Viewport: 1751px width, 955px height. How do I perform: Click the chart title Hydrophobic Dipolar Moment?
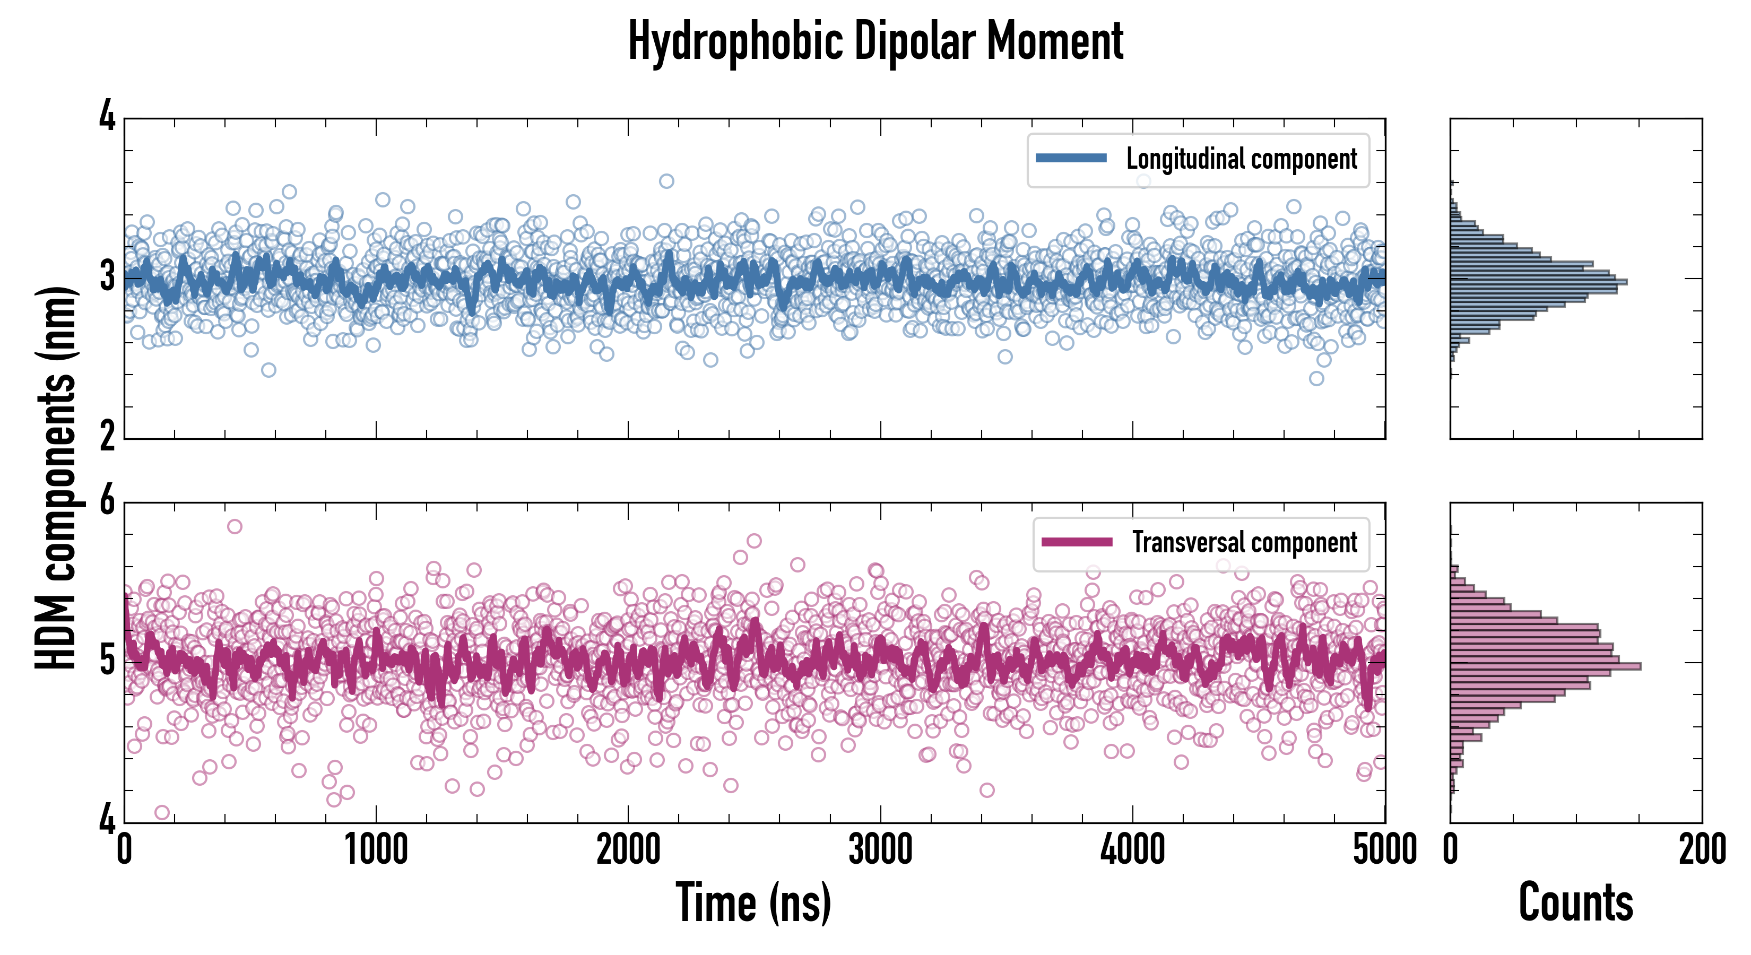pyautogui.click(x=875, y=41)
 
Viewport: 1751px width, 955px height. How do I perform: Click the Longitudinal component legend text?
pyautogui.click(x=1241, y=159)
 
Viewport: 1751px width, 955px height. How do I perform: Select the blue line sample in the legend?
pyautogui.click(x=1071, y=159)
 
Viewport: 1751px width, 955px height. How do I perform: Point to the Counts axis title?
pyautogui.click(x=1575, y=902)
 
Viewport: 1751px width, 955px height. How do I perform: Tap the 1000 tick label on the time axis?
pyautogui.click(x=376, y=849)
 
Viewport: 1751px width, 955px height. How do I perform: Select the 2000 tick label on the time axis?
pyautogui.click(x=628, y=849)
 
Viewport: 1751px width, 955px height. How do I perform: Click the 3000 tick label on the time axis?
pyautogui.click(x=880, y=849)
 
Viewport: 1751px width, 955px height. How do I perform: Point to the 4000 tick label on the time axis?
pyautogui.click(x=1132, y=849)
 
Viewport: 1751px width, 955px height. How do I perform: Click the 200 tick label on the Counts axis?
pyautogui.click(x=1701, y=849)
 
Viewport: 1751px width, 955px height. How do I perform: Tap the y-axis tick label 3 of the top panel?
pyautogui.click(x=107, y=277)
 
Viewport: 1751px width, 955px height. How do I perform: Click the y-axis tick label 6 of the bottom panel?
pyautogui.click(x=107, y=502)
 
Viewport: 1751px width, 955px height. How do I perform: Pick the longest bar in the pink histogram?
pyautogui.click(x=1545, y=666)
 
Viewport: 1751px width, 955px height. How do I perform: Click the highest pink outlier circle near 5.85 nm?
pyautogui.click(x=235, y=526)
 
